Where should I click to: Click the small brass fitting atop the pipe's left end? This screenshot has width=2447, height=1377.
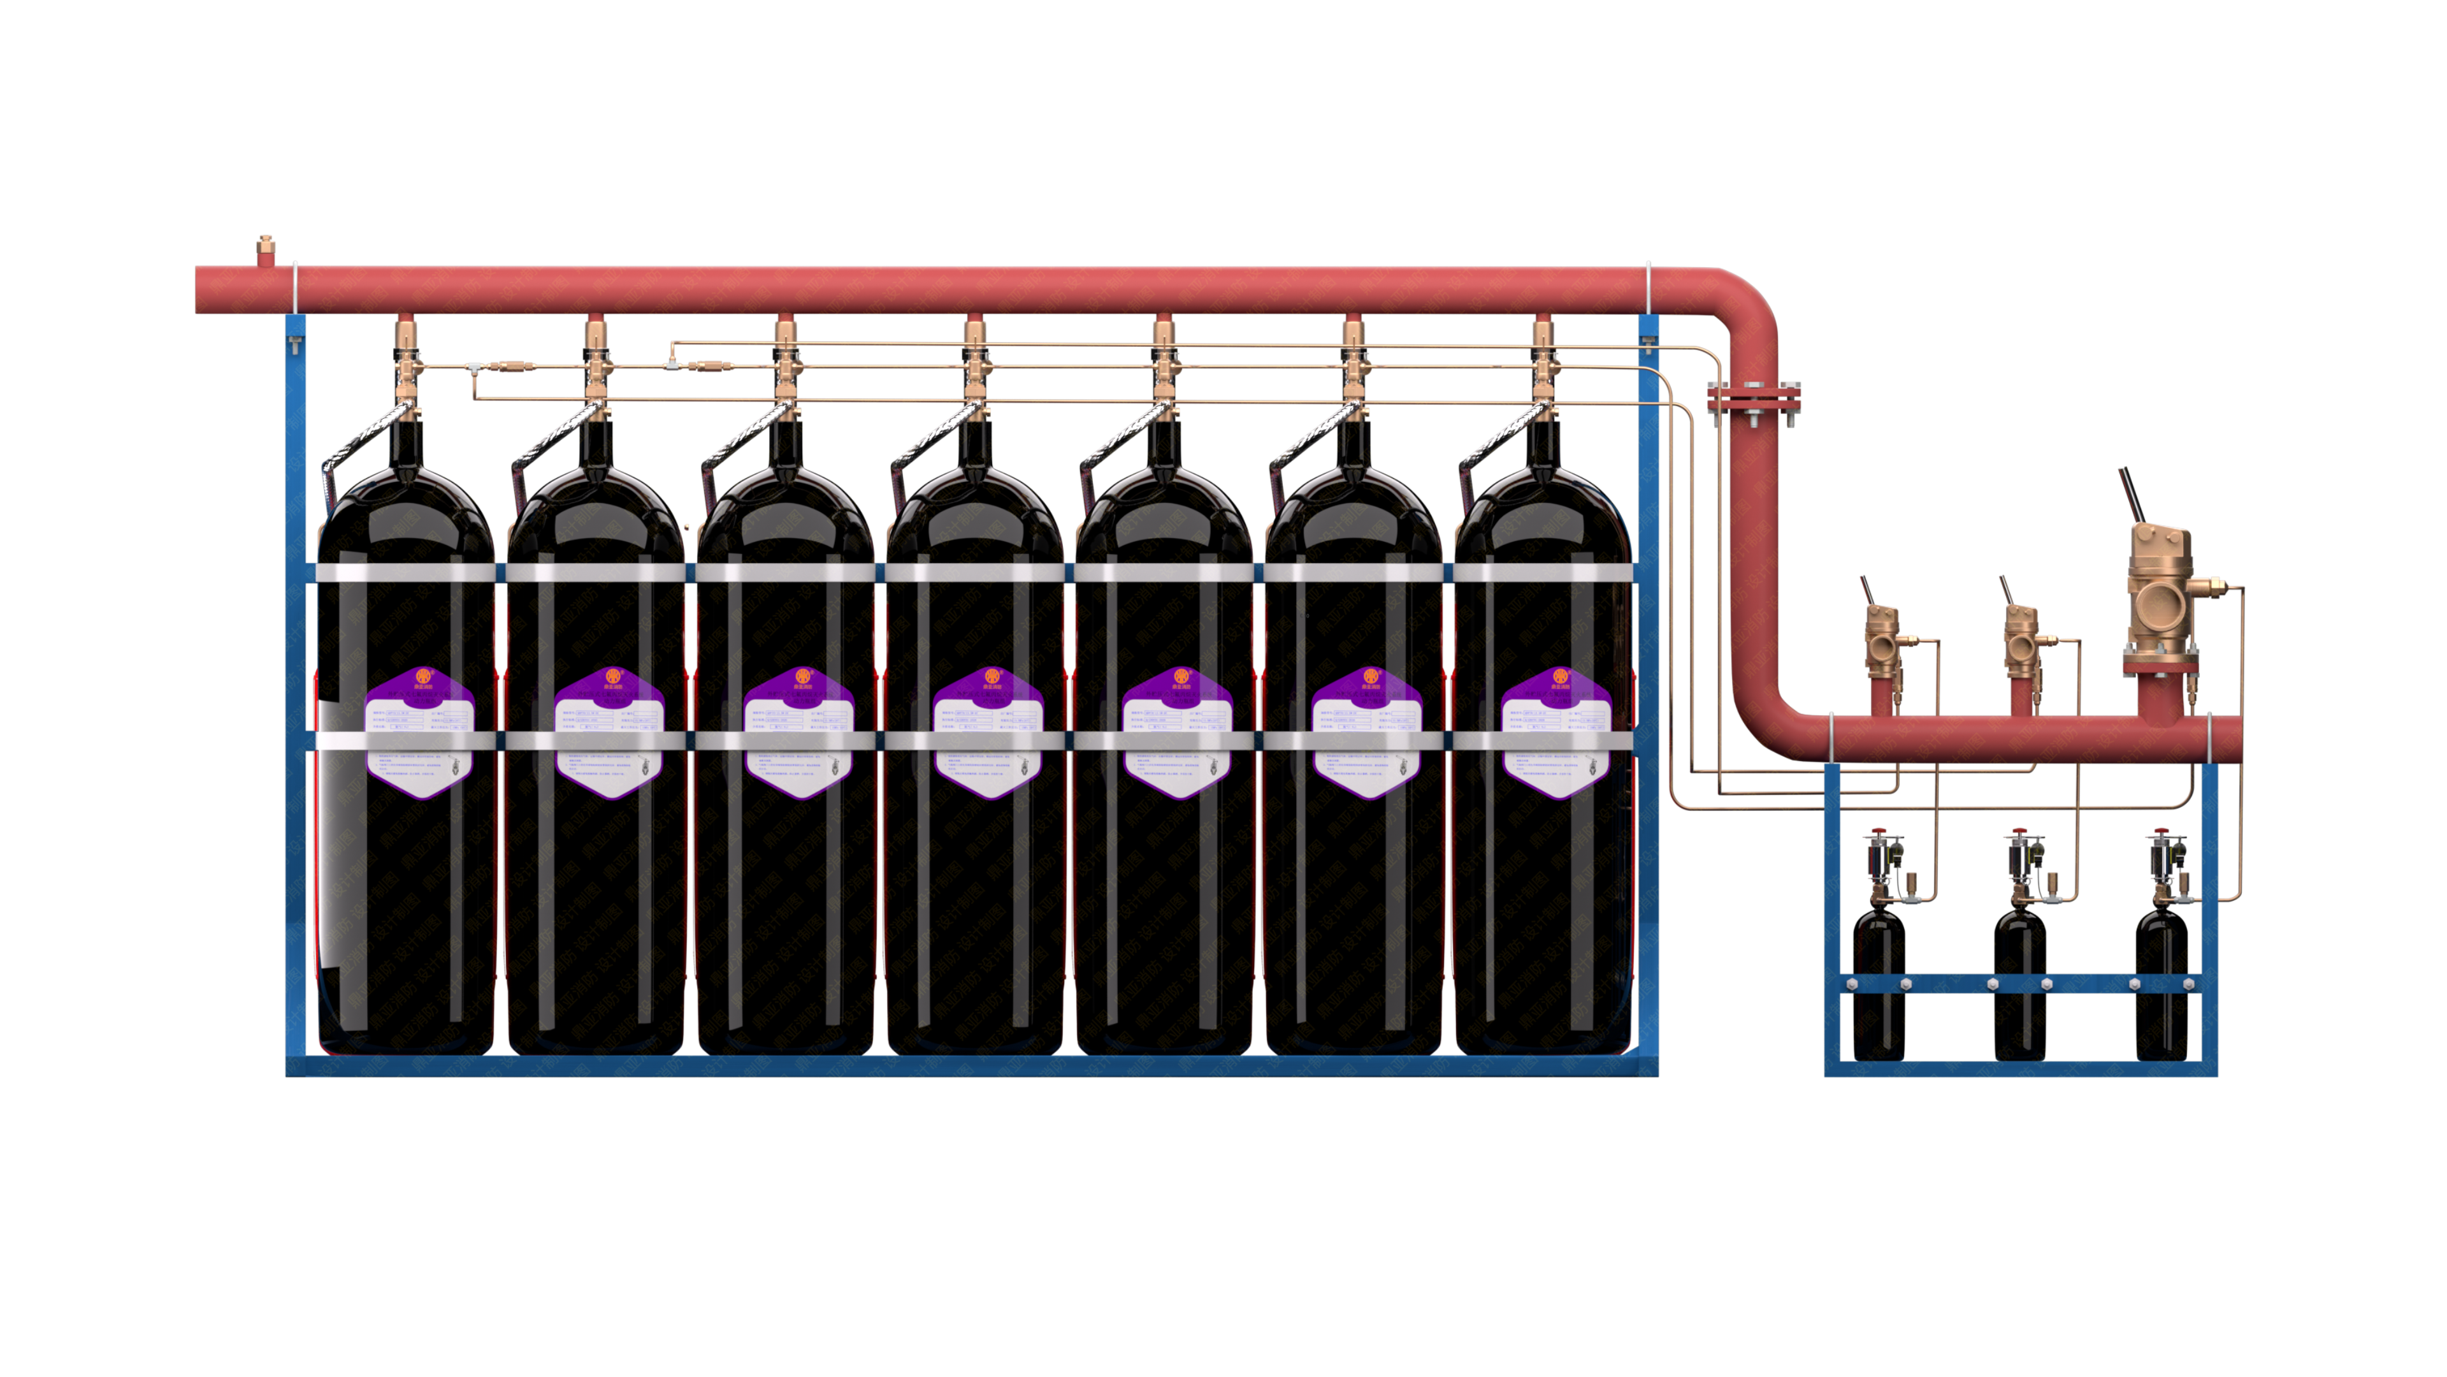pyautogui.click(x=265, y=251)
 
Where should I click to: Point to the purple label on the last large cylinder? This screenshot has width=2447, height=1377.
pyautogui.click(x=1556, y=732)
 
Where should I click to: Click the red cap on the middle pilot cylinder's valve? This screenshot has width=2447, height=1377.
pyautogui.click(x=2019, y=833)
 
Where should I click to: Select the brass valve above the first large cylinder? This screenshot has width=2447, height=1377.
pyautogui.click(x=406, y=356)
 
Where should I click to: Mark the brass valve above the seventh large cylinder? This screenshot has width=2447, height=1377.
pyautogui.click(x=1543, y=356)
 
